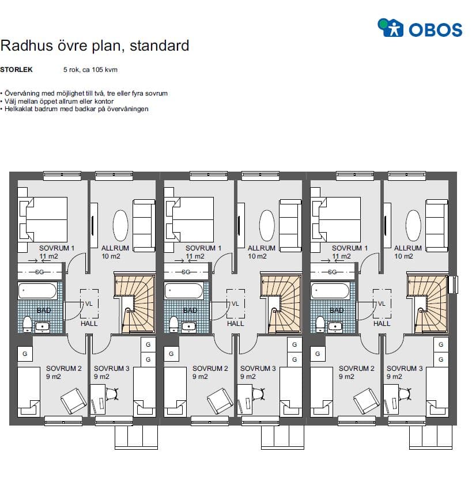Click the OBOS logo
(x=420, y=28)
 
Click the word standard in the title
(x=160, y=45)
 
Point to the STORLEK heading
(x=16, y=70)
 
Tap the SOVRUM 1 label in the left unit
(x=57, y=248)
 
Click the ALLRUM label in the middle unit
(x=262, y=248)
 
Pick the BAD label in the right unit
(x=337, y=310)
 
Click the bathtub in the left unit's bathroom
(x=37, y=291)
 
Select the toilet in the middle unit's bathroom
(x=174, y=324)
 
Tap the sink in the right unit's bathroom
(x=335, y=327)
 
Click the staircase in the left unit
(x=135, y=303)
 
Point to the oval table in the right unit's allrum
(x=413, y=225)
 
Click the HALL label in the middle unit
(x=235, y=324)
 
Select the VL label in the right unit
(x=382, y=303)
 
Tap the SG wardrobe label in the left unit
(x=39, y=272)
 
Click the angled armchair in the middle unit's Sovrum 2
(x=220, y=401)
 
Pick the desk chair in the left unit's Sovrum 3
(x=112, y=394)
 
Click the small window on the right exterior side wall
(x=453, y=284)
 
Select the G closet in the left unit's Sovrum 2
(x=25, y=354)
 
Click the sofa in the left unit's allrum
(x=144, y=226)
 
